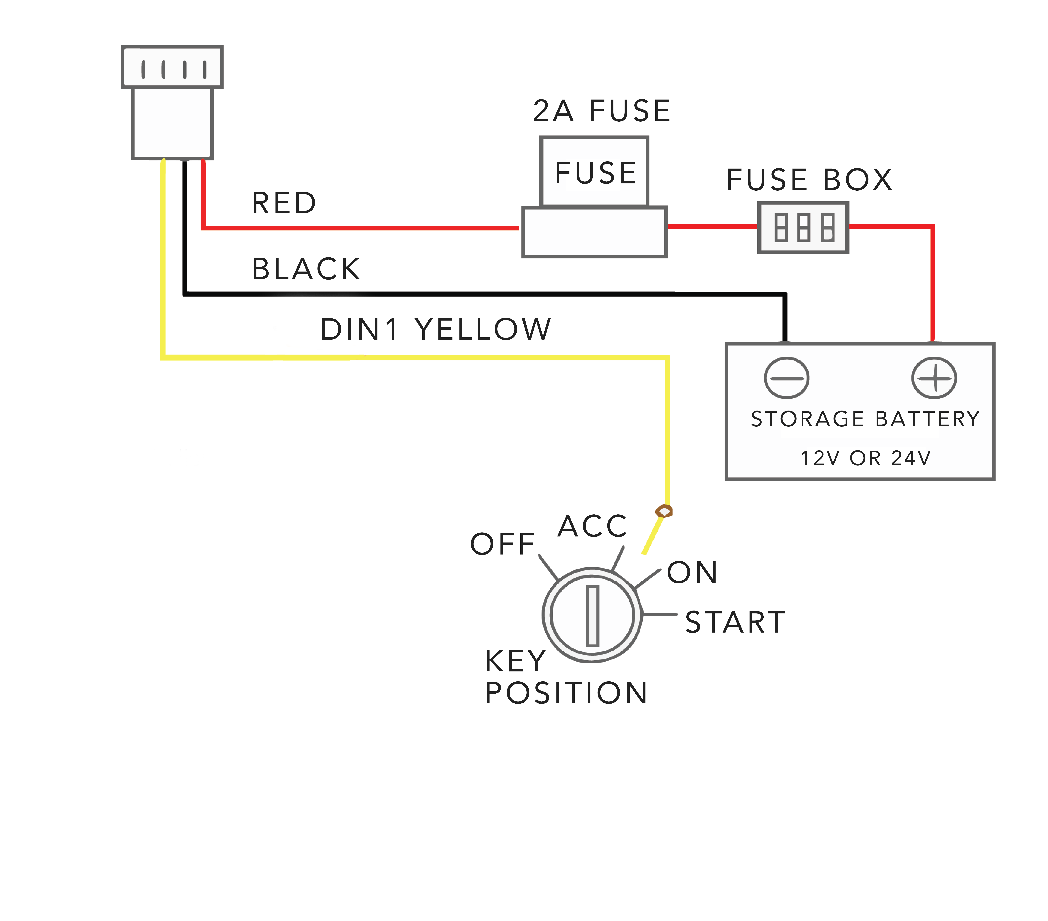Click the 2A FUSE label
click(602, 111)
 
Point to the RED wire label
click(284, 203)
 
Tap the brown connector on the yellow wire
click(664, 511)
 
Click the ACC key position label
click(592, 526)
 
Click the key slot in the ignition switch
click(593, 616)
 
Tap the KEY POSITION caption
click(566, 677)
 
